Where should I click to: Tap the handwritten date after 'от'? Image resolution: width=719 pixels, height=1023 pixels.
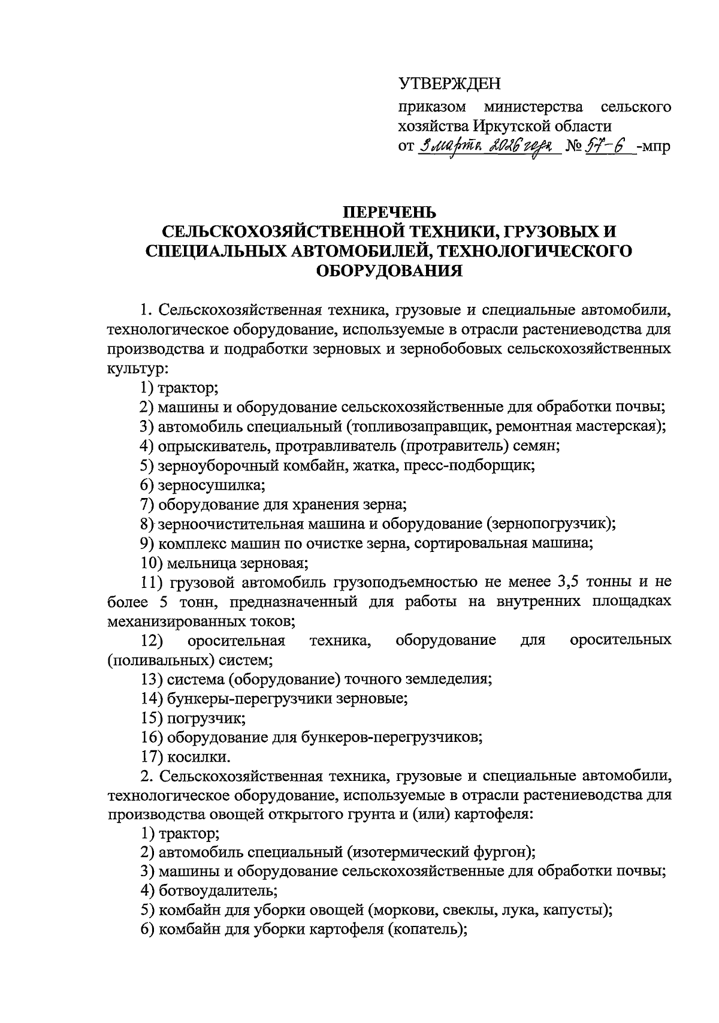pos(488,146)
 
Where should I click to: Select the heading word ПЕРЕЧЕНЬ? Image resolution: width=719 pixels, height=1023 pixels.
pos(389,212)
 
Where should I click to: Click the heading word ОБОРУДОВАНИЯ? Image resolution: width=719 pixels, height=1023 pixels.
pos(389,271)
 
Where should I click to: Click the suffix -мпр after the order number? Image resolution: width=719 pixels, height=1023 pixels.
pos(655,146)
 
